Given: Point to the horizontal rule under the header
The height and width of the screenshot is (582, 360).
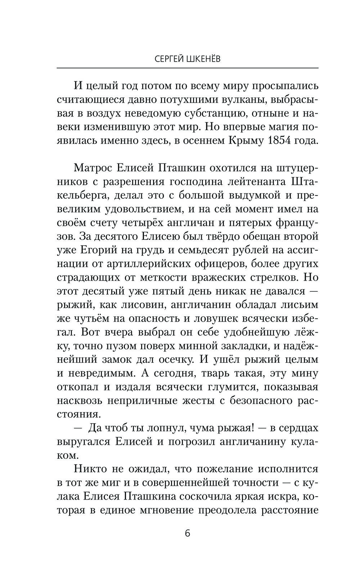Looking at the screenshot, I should [x=188, y=68].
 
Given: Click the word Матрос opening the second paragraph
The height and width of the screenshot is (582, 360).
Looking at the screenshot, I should [x=92, y=168].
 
